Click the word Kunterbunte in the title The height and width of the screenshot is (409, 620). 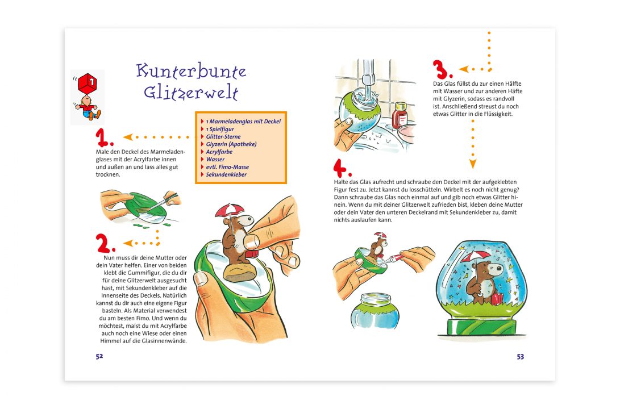coord(190,72)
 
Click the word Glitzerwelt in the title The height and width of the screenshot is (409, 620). coord(190,92)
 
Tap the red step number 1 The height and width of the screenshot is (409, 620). coord(104,138)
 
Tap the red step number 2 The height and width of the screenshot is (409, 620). coord(105,244)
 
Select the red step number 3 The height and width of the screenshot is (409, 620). coord(442,69)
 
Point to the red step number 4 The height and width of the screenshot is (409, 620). coord(342,168)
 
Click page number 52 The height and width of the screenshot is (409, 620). coord(99,356)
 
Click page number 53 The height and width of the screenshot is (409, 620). coord(520,356)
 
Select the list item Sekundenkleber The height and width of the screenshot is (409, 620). coord(228,174)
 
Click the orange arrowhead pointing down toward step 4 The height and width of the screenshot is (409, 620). coord(472,165)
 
